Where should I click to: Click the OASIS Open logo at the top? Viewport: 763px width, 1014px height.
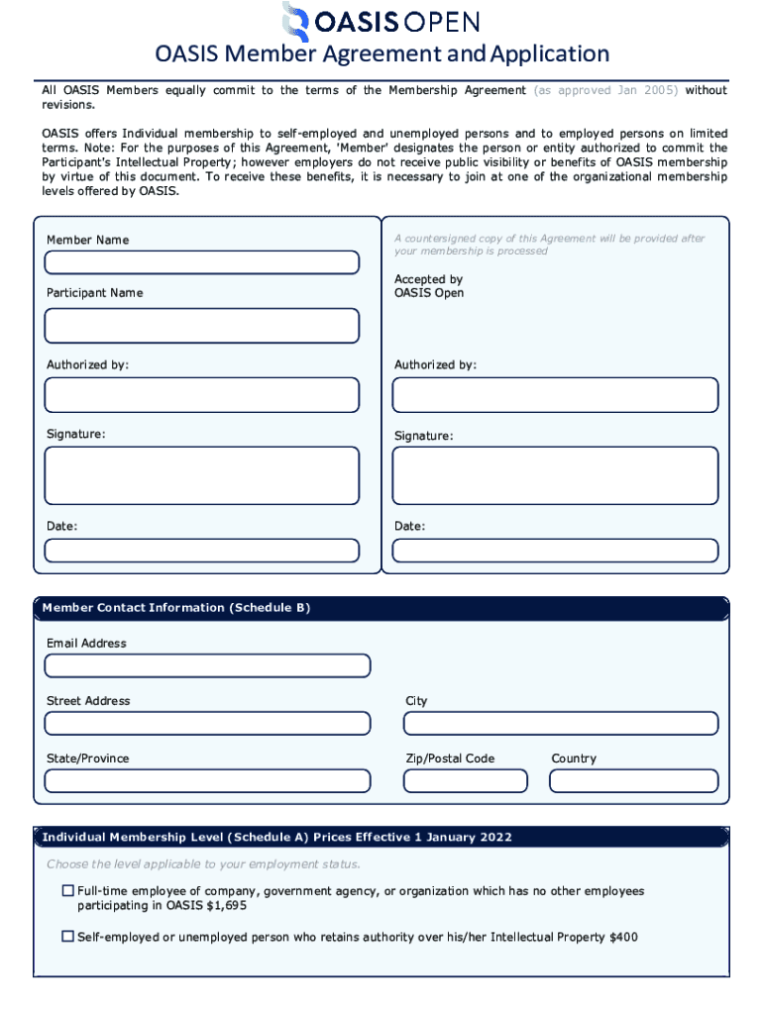pos(381,22)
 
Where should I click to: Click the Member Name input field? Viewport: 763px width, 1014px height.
pos(201,262)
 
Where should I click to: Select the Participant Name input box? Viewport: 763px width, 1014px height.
pos(201,325)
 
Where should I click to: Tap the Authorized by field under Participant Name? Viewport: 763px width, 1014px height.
pos(201,395)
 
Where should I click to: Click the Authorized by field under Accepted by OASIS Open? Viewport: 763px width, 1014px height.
pos(555,395)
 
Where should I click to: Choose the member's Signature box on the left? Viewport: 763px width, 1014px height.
pos(201,475)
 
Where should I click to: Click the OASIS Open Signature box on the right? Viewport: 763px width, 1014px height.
pos(555,475)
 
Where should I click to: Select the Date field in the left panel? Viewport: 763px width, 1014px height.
pos(201,551)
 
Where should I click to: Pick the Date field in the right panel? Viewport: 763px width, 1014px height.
pos(555,551)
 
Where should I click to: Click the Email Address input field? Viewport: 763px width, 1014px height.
pos(207,665)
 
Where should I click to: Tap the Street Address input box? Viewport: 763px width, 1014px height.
pos(207,723)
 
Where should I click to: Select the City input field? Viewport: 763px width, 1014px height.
pos(560,723)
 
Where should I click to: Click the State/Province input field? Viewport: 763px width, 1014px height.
pos(207,781)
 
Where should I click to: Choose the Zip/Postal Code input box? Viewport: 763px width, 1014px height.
pos(465,781)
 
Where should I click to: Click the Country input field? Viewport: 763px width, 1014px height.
pos(633,781)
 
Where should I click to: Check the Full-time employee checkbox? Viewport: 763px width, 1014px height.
pos(68,891)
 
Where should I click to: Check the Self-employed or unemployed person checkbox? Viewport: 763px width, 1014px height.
pos(68,936)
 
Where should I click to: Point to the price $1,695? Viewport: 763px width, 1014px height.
pos(224,905)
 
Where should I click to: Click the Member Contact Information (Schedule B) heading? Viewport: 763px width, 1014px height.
pos(175,608)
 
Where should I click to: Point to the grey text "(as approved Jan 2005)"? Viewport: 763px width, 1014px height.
pos(605,90)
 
